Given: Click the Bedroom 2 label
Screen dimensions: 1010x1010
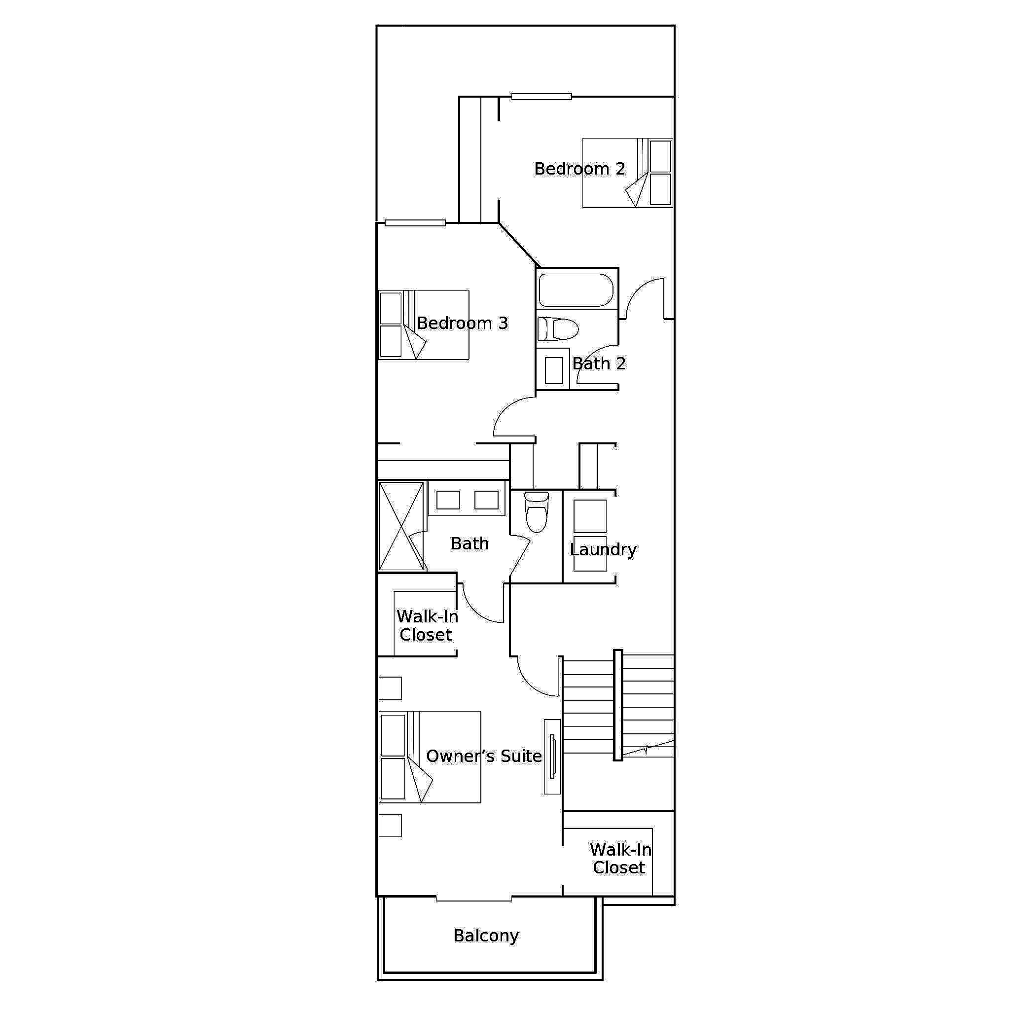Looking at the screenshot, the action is pyautogui.click(x=579, y=169).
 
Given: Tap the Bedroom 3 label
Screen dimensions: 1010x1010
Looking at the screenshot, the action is pyautogui.click(x=462, y=323).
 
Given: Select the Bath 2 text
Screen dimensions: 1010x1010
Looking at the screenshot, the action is pyautogui.click(x=599, y=363).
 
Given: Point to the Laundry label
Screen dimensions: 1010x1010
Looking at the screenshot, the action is pyautogui.click(x=603, y=549).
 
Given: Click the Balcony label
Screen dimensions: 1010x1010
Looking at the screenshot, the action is pyautogui.click(x=486, y=935).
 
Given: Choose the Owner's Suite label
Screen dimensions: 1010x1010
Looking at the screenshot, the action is pyautogui.click(x=484, y=756).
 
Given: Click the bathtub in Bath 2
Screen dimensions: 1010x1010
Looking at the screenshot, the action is pyautogui.click(x=576, y=289).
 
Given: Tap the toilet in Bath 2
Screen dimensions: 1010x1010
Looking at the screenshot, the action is pyautogui.click(x=558, y=329).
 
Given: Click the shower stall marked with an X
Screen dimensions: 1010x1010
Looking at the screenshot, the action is pyautogui.click(x=401, y=526).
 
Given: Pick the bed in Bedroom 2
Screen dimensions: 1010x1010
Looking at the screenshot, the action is pyautogui.click(x=627, y=173).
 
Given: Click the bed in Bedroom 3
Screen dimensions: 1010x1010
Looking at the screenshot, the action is pyautogui.click(x=424, y=325).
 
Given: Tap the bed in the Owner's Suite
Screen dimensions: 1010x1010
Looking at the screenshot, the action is pyautogui.click(x=430, y=757).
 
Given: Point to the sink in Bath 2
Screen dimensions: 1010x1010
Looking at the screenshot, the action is pyautogui.click(x=554, y=369).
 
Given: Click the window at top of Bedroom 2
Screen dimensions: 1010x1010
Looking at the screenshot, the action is pyautogui.click(x=541, y=96).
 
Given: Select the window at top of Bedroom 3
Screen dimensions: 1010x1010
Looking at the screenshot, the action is pyautogui.click(x=415, y=223).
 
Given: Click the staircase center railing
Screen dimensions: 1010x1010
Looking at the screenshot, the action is pyautogui.click(x=617, y=705).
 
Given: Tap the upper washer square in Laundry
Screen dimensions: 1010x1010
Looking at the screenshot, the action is pyautogui.click(x=590, y=516).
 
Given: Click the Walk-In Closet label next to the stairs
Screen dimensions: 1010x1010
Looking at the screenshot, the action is pyautogui.click(x=620, y=859).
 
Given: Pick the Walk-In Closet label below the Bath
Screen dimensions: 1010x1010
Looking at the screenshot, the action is pyautogui.click(x=427, y=625).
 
